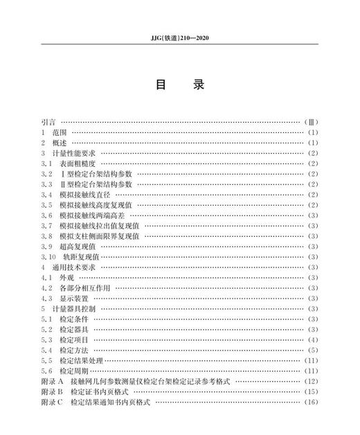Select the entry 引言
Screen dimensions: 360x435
tap(49, 121)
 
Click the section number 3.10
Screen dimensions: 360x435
tap(48, 256)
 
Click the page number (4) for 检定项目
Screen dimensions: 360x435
tap(312, 339)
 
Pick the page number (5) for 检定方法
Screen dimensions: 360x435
tap(312, 350)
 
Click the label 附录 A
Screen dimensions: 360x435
tap(52, 381)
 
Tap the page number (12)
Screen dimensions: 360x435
tap(311, 381)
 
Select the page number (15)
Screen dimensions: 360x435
tap(311, 391)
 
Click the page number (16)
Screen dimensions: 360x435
tap(311, 402)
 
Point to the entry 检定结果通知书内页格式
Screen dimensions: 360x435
tap(110, 402)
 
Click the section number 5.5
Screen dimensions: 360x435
tap(46, 360)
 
